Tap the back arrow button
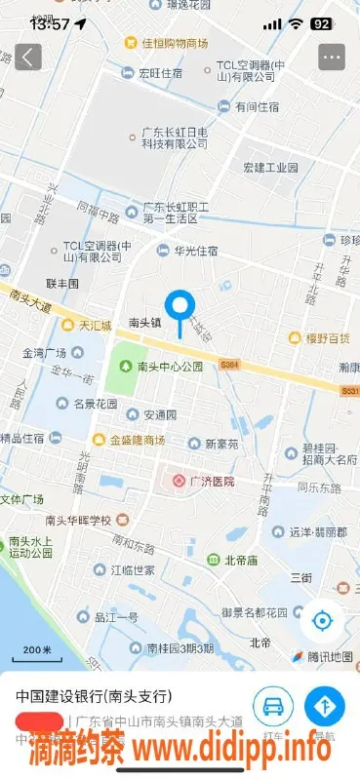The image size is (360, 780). click(27, 57)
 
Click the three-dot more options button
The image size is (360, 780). click(332, 57)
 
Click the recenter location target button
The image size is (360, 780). click(322, 620)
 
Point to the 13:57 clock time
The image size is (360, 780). click(50, 23)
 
